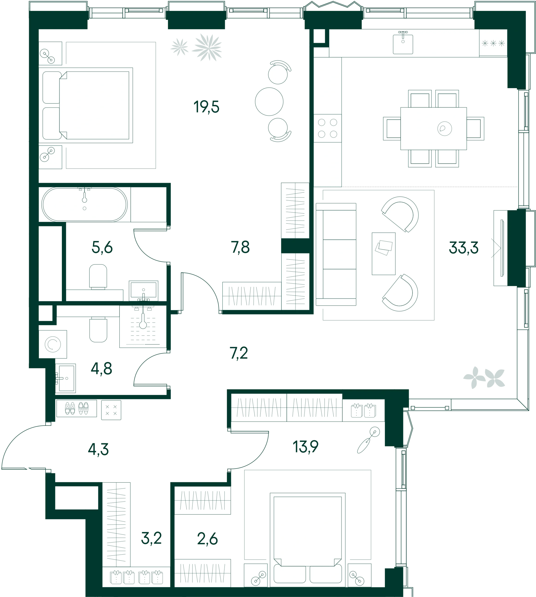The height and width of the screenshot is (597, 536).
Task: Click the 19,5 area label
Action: [x=207, y=107]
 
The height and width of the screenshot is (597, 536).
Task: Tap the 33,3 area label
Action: [x=464, y=248]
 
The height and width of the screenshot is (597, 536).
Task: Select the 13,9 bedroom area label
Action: [x=305, y=447]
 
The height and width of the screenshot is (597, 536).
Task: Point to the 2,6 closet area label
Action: [x=207, y=539]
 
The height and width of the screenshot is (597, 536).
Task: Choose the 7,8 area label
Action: [x=240, y=247]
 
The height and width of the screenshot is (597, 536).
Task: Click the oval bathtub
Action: [x=84, y=204]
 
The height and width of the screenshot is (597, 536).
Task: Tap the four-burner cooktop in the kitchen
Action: [x=327, y=128]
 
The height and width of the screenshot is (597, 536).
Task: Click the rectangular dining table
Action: [x=434, y=129]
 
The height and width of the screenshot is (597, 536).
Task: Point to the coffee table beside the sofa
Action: [x=383, y=254]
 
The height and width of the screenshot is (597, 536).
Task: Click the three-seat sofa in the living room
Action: [x=336, y=254]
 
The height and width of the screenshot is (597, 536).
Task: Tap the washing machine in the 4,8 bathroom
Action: [x=53, y=344]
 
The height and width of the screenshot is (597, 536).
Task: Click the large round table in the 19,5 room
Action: [x=269, y=102]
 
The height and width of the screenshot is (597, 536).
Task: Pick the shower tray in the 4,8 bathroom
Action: [x=143, y=326]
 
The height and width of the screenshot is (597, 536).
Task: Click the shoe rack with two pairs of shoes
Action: [x=77, y=408]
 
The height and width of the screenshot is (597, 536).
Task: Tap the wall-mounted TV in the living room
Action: [x=502, y=248]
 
